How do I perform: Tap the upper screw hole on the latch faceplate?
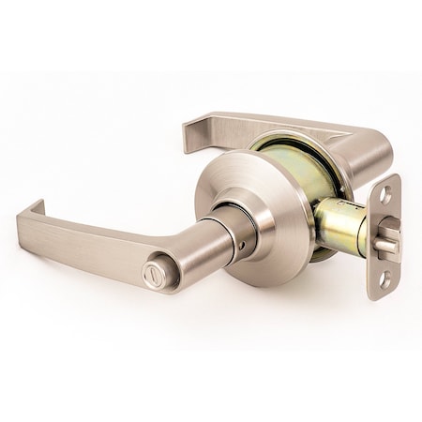point(384,195)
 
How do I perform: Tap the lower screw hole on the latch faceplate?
point(384,279)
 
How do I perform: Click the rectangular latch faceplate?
point(384,236)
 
